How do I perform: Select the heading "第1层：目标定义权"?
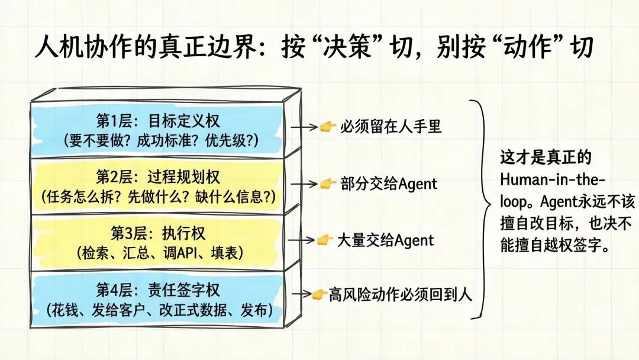click(x=158, y=121)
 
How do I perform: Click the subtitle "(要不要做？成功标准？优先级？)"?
click(x=158, y=140)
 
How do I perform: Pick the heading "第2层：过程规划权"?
click(x=158, y=176)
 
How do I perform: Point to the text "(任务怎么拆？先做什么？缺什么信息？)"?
click(x=158, y=195)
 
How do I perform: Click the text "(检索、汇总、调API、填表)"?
click(x=158, y=252)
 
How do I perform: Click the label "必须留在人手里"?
click(x=390, y=126)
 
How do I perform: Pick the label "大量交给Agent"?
click(x=385, y=240)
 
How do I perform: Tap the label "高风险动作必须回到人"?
click(x=401, y=294)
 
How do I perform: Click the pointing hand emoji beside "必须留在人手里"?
click(x=328, y=126)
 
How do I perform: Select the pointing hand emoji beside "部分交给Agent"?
click(x=328, y=184)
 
